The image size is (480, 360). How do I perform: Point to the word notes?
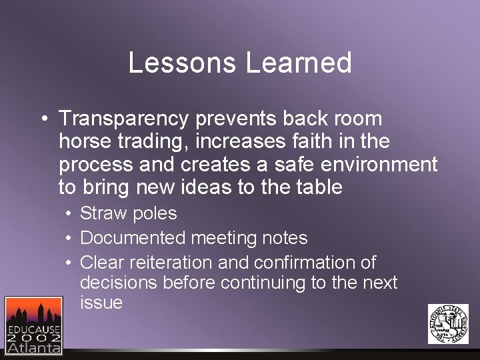coord(285,237)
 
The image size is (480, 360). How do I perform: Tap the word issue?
coord(101,302)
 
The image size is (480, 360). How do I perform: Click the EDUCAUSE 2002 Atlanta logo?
coord(33,325)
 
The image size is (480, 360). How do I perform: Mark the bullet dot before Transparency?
coord(43,120)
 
